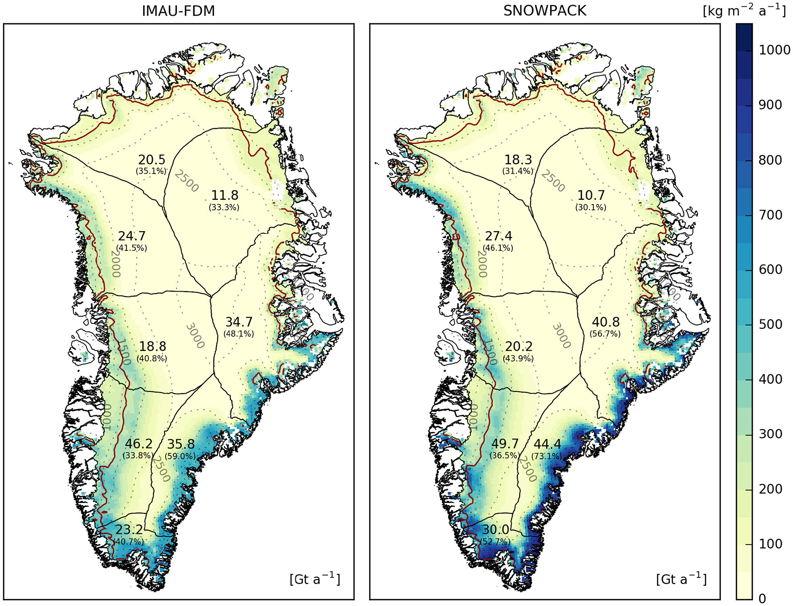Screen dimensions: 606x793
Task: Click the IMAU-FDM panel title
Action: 178,10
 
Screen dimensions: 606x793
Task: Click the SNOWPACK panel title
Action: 544,10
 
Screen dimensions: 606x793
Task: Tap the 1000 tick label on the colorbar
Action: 774,50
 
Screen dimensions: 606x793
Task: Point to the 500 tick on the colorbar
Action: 770,324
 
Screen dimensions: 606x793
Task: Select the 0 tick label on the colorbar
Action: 763,598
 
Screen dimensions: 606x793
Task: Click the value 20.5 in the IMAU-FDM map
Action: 151,160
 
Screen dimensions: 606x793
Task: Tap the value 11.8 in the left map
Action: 225,195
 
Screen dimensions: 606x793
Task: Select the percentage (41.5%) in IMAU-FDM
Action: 132,248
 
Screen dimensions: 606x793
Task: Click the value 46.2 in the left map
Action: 138,444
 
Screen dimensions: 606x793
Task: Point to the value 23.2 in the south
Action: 129,530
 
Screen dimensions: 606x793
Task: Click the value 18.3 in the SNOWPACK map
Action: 518,160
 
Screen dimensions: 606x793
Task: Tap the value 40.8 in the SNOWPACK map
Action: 605,322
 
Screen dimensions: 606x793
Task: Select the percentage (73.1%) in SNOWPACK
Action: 546,456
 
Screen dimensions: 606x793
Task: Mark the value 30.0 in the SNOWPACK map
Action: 495,530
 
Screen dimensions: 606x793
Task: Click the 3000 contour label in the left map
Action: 195,336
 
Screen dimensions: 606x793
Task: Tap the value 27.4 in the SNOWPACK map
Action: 498,236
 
